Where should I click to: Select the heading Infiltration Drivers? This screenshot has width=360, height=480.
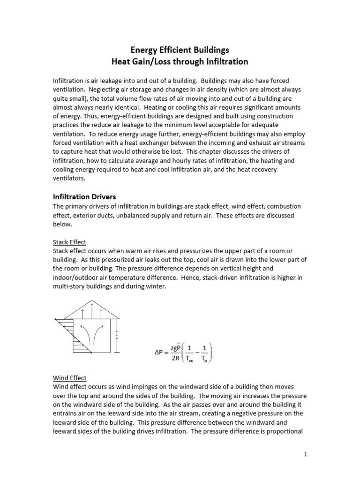click(x=84, y=197)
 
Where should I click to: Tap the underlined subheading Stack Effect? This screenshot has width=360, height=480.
click(x=69, y=242)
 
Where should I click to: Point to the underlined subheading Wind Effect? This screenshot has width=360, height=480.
click(x=69, y=378)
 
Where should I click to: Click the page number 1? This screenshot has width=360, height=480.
click(x=305, y=454)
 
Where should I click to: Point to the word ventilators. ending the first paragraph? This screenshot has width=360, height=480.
click(x=69, y=179)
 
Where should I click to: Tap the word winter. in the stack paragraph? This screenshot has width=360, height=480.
click(x=154, y=287)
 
